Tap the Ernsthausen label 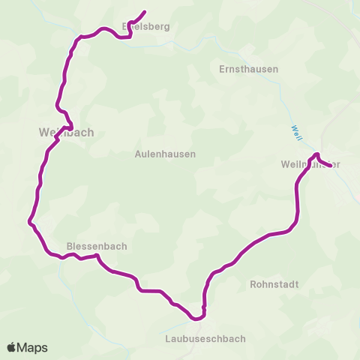248,69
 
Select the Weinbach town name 66,132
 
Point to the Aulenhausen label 165,154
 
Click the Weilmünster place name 310,164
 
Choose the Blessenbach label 97,245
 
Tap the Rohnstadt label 274,285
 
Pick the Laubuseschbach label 205,338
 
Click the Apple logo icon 13,347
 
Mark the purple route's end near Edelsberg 143,12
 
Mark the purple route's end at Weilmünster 330,166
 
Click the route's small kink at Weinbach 70,124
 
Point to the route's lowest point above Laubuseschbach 198,318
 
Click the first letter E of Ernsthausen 221,69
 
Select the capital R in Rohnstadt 253,285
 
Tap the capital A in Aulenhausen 138,154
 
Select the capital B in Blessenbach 70,245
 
